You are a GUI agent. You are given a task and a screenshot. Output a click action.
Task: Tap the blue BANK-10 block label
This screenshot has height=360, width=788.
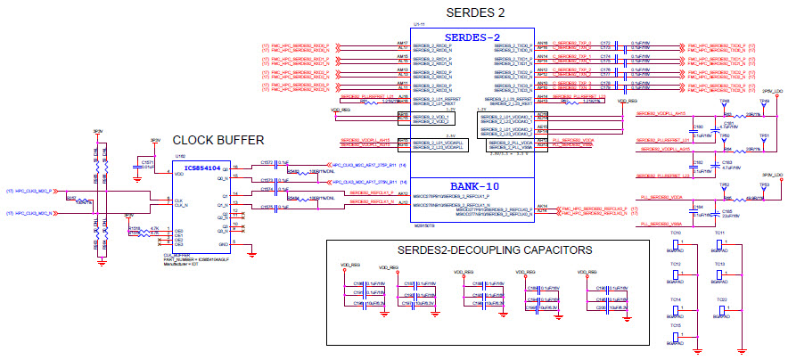click(x=473, y=185)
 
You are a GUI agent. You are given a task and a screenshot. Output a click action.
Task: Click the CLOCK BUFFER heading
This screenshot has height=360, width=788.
click(x=218, y=140)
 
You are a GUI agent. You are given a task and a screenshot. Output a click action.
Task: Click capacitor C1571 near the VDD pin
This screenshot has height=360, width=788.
click(x=149, y=165)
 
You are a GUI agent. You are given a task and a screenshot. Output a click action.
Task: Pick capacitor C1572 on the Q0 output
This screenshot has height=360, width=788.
click(x=267, y=163)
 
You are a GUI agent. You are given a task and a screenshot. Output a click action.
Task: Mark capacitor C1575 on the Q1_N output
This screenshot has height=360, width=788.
click(x=267, y=207)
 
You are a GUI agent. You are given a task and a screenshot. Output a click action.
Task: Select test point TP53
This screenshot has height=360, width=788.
click(x=764, y=184)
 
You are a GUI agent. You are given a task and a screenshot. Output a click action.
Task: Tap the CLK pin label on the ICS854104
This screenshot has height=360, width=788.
click(x=179, y=200)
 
